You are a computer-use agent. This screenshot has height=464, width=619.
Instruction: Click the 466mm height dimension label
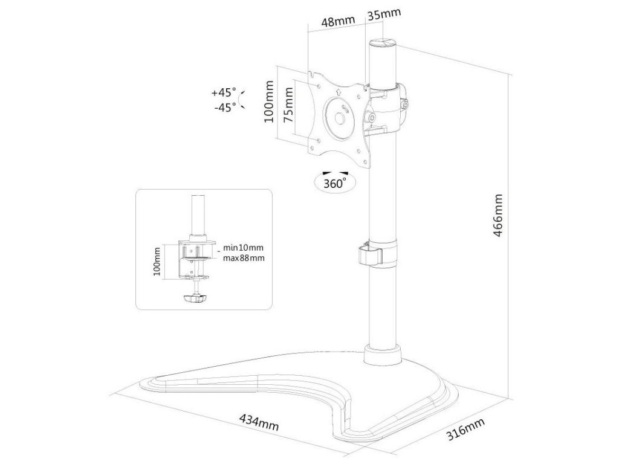click(498, 216)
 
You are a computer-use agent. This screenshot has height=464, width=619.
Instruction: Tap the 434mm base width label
click(259, 421)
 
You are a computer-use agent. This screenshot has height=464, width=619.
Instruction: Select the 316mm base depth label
click(465, 430)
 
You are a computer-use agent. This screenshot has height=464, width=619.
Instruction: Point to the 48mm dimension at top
click(337, 22)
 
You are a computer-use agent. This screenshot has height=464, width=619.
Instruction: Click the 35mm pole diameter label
click(383, 14)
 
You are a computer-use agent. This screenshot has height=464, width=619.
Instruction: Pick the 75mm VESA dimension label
click(290, 105)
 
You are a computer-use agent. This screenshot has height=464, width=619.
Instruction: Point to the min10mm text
click(244, 248)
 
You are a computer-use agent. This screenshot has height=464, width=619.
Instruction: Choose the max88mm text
click(244, 258)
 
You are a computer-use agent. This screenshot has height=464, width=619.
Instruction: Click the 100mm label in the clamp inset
click(157, 262)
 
